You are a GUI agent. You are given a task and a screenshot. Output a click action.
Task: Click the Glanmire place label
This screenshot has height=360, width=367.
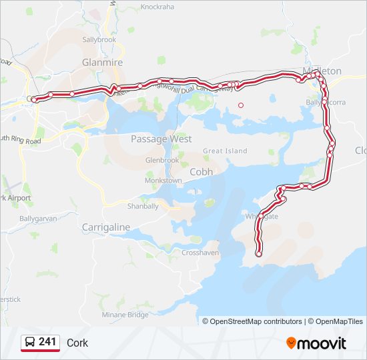pyautogui.click(x=102, y=62)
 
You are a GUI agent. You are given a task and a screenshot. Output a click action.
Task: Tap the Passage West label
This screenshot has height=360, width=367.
pyautogui.click(x=161, y=139)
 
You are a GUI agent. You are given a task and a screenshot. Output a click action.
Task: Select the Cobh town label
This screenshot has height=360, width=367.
pyautogui.click(x=202, y=171)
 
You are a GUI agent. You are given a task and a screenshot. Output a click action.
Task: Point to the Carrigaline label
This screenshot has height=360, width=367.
pyautogui.click(x=105, y=227)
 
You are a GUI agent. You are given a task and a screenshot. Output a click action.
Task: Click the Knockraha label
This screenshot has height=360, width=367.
pyautogui.click(x=157, y=7)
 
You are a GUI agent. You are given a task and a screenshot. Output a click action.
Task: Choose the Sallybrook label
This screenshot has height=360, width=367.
pyautogui.click(x=99, y=39)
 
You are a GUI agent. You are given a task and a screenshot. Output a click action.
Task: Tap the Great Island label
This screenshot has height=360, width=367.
pyautogui.click(x=225, y=151)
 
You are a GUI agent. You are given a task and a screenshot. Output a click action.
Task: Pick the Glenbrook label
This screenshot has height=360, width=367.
pyautogui.click(x=162, y=161)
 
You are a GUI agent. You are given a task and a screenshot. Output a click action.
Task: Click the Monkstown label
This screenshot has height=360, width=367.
pyautogui.click(x=163, y=181)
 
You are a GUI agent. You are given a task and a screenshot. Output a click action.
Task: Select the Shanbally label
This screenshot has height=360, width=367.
pyautogui.click(x=143, y=206)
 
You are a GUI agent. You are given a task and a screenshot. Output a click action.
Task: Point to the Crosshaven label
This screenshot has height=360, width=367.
pyautogui.click(x=200, y=253)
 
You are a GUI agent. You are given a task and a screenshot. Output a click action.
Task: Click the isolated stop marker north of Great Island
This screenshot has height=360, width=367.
pyautogui.click(x=241, y=105)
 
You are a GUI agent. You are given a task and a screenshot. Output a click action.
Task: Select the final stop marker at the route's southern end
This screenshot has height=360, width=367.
pyautogui.click(x=258, y=254)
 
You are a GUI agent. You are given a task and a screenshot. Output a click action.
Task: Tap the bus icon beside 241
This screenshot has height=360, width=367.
pyautogui.click(x=30, y=343)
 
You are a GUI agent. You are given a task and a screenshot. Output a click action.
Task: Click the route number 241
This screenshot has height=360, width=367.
pyautogui.click(x=47, y=342)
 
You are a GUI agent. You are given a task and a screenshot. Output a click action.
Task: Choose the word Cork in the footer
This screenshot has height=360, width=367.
pyautogui.click(x=77, y=343)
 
